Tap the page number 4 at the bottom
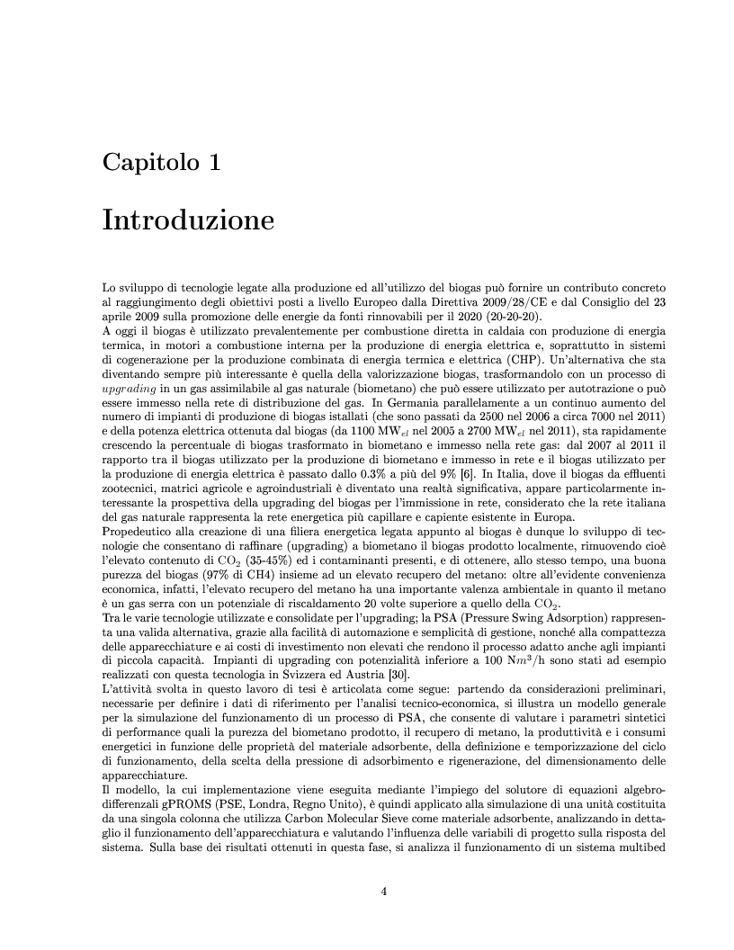[x=383, y=892]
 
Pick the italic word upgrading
[x=128, y=386]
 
